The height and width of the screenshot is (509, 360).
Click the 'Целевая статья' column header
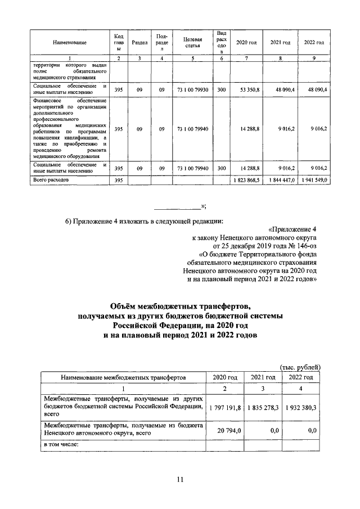[x=193, y=42]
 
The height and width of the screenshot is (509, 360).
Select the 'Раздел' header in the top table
[x=139, y=43]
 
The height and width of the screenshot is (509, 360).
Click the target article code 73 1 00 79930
[x=193, y=89]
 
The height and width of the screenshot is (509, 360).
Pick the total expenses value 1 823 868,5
[x=246, y=179]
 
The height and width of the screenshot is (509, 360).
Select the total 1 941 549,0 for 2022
[x=313, y=179]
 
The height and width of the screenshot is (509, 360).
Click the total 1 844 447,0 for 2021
[x=280, y=179]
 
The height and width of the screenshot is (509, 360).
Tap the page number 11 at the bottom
[x=180, y=479]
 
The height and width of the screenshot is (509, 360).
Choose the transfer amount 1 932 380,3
[x=299, y=407]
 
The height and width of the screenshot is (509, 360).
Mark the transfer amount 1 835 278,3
[x=262, y=407]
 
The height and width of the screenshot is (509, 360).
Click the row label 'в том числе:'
[x=61, y=445]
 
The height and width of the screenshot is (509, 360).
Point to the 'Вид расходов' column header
[x=222, y=43]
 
